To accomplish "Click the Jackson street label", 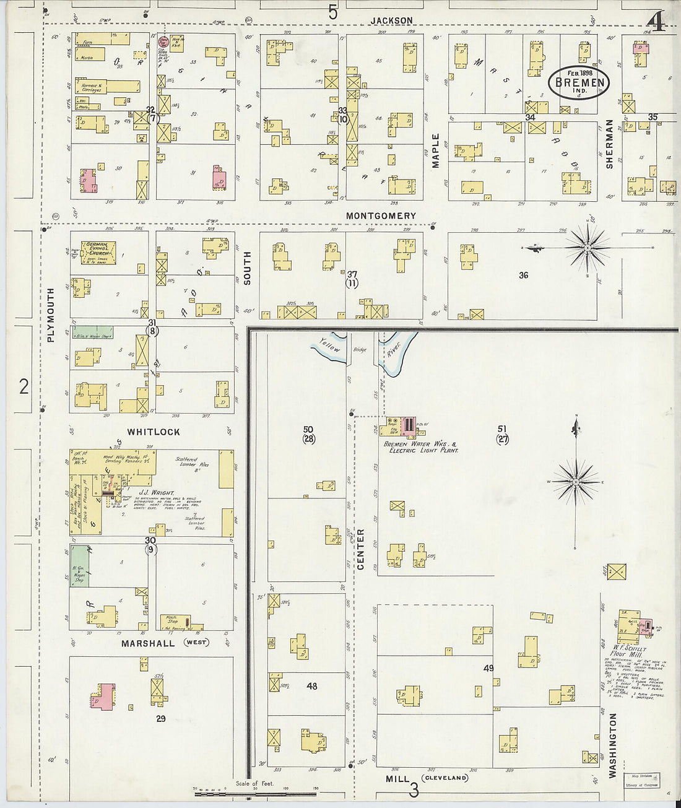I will pyautogui.click(x=391, y=20).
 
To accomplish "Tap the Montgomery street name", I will pyautogui.click(x=381, y=215).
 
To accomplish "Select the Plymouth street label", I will pyautogui.click(x=51, y=314).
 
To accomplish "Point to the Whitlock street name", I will pyautogui.click(x=154, y=432).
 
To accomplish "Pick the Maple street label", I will pyautogui.click(x=435, y=150).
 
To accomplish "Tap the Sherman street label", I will pyautogui.click(x=609, y=144).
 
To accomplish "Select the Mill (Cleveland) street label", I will pyautogui.click(x=427, y=778).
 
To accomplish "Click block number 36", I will pyautogui.click(x=524, y=276).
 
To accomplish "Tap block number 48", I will pyautogui.click(x=311, y=686).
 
